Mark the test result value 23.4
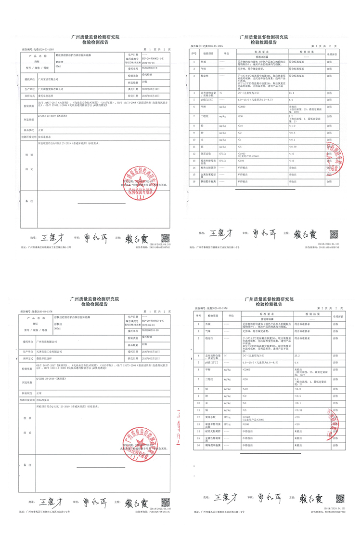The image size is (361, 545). pos(292,92)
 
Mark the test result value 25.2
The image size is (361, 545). pos(294,355)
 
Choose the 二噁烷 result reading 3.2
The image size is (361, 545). pos(290,116)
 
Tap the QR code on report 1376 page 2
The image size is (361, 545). pos(340,498)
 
